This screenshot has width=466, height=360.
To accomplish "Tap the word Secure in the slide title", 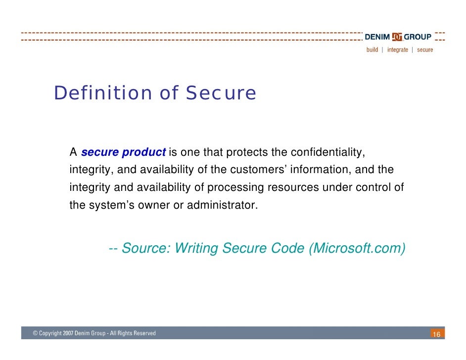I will point(221,93).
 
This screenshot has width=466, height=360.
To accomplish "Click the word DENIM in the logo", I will point(377,37).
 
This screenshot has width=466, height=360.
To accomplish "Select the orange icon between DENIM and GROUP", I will point(397,37).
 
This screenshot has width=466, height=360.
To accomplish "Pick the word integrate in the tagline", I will point(398,50).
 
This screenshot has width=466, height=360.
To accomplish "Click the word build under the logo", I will point(372,50).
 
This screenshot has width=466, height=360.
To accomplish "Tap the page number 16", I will point(436,335).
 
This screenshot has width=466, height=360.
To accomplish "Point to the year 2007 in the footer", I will point(69,334).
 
